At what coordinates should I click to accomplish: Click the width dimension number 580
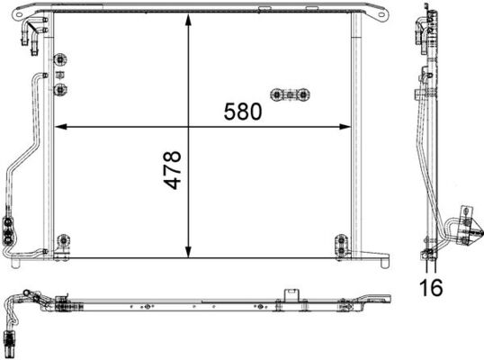tap(243, 112)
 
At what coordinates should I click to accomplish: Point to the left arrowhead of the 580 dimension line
tap(60, 125)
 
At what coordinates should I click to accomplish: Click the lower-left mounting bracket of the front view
tap(61, 243)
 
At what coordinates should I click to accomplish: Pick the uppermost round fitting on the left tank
tap(61, 60)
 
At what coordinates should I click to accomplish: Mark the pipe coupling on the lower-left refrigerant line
tap(8, 229)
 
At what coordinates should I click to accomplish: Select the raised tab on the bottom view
tap(291, 296)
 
